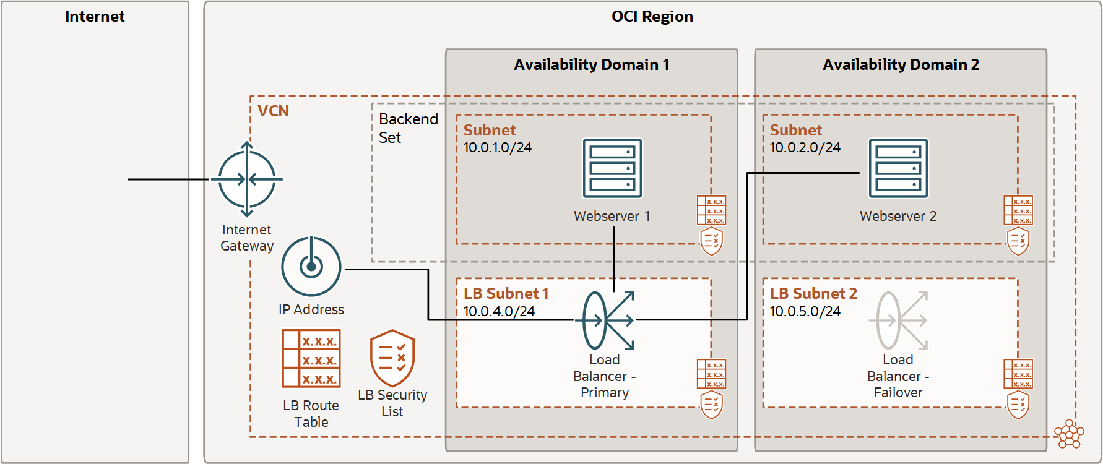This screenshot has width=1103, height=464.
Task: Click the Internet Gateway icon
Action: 247,179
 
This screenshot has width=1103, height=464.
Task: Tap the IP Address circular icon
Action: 311,267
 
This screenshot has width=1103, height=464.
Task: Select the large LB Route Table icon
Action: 311,358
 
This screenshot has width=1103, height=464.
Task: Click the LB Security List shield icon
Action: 392,358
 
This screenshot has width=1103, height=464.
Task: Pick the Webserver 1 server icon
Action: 612,168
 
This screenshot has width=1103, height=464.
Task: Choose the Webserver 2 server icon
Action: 898,168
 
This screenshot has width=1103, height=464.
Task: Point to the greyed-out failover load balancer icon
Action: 899,320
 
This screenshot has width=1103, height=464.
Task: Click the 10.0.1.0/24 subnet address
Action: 498,148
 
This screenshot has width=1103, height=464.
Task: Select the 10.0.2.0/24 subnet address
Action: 805,148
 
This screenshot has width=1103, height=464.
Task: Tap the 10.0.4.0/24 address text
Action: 499,311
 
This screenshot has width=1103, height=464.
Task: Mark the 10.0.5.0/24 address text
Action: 805,311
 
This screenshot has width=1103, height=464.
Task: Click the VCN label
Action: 273,111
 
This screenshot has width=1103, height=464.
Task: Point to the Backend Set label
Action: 407,128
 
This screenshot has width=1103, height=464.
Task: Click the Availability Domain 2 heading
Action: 901,65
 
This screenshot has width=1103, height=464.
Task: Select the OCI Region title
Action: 652,17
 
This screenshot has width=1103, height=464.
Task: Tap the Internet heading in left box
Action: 95,17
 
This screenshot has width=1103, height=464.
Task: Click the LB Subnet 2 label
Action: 813,293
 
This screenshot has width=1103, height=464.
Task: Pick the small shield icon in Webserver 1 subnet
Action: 711,241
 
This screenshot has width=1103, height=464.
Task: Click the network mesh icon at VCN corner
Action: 1069,434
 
